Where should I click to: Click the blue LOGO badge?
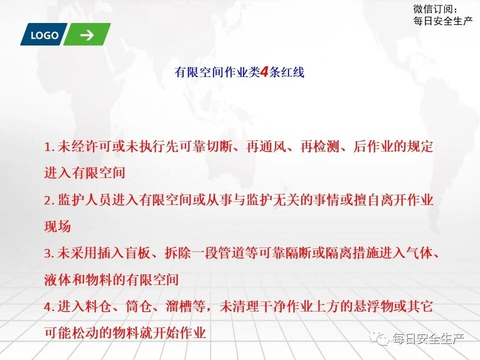44,35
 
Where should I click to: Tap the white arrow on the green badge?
86,35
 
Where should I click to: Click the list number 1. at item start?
49,147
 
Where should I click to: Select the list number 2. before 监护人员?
49,200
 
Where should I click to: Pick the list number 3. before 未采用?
49,253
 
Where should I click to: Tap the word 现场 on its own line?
57,226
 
